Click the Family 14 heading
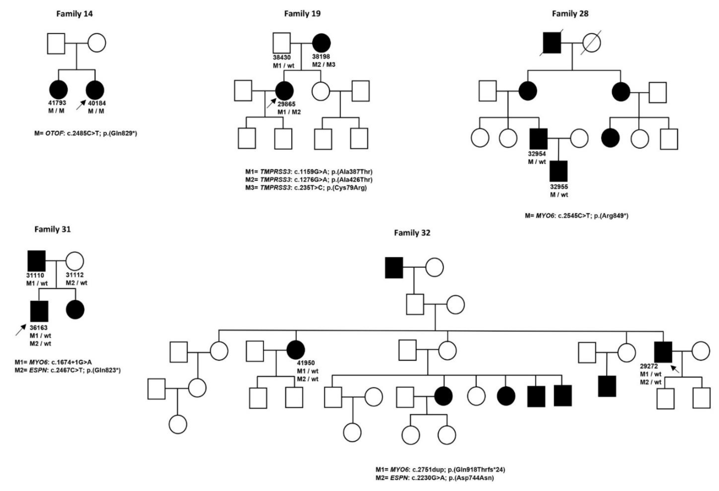point(74,14)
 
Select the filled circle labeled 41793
point(58,90)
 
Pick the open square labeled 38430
point(282,43)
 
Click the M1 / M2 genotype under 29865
point(289,112)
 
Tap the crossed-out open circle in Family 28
point(591,43)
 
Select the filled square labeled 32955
point(558,171)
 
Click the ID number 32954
point(537,154)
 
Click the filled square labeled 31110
point(37,261)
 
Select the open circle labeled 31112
point(75,261)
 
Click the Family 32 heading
point(412,233)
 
